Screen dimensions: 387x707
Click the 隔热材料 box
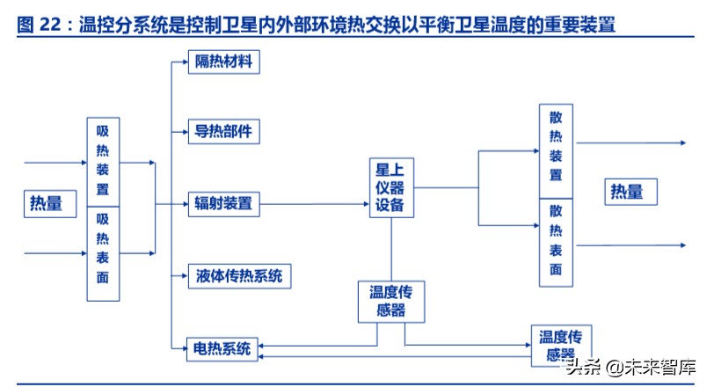click(x=223, y=62)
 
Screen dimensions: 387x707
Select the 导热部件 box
click(x=223, y=132)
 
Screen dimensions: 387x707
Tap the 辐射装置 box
click(x=223, y=204)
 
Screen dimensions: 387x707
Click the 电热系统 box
click(x=222, y=348)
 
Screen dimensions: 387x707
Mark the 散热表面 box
click(x=556, y=242)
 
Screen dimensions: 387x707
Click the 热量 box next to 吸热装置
click(x=47, y=204)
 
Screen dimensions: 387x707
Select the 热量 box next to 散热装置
click(x=627, y=191)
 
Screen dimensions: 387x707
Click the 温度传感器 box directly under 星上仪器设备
click(x=392, y=302)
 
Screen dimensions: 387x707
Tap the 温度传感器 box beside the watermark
click(x=562, y=345)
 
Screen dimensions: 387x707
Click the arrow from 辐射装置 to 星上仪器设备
click(x=317, y=204)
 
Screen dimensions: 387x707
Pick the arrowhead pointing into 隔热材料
click(x=183, y=62)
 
